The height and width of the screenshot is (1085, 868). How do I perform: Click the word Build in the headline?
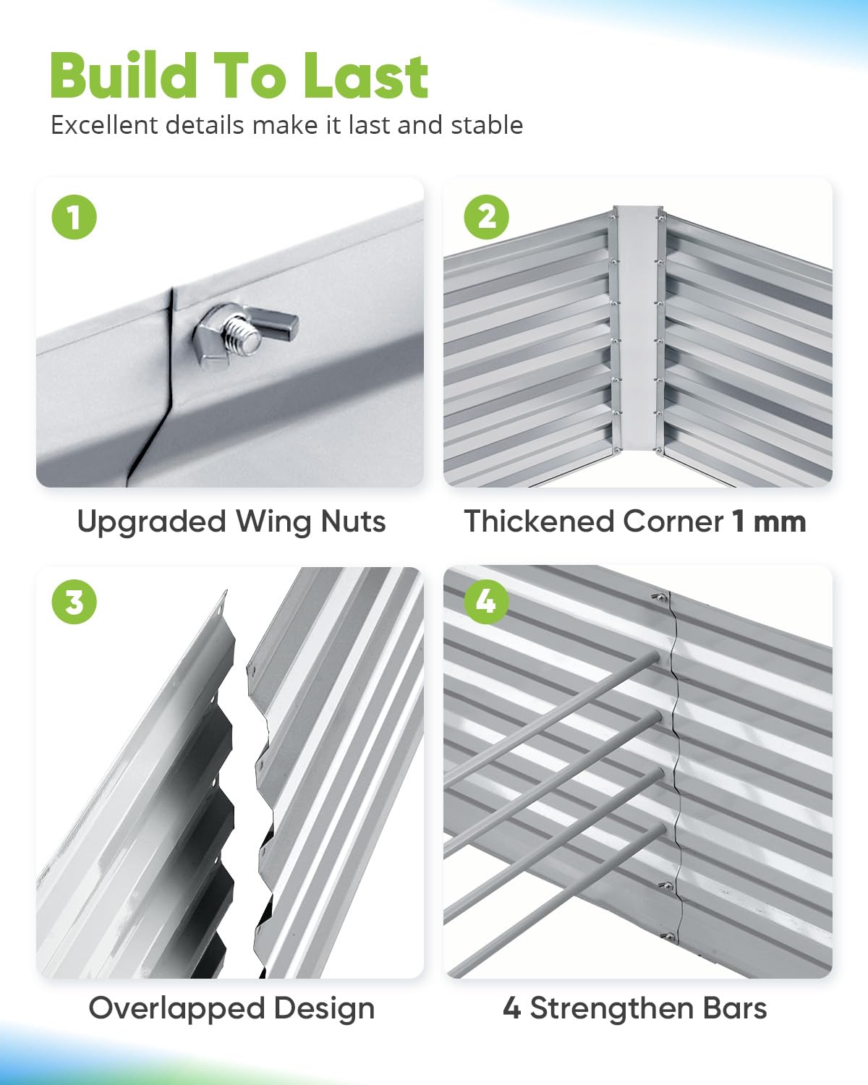pos(124,76)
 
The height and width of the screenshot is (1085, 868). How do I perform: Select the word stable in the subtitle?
pos(487,125)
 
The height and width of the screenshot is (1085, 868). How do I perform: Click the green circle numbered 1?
pos(74,217)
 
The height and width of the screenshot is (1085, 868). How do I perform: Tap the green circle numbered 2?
pos(486,217)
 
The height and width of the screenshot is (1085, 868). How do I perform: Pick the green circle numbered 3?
pos(74,602)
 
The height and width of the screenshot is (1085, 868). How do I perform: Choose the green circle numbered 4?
pos(486,602)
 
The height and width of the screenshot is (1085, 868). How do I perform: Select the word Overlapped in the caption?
pos(176,1008)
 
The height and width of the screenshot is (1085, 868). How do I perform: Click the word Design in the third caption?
pos(324,1008)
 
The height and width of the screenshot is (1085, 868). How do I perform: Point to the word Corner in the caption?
pos(673,522)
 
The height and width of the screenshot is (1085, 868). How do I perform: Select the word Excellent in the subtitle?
pos(104,125)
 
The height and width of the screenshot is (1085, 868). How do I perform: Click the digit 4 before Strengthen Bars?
pos(511,1007)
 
